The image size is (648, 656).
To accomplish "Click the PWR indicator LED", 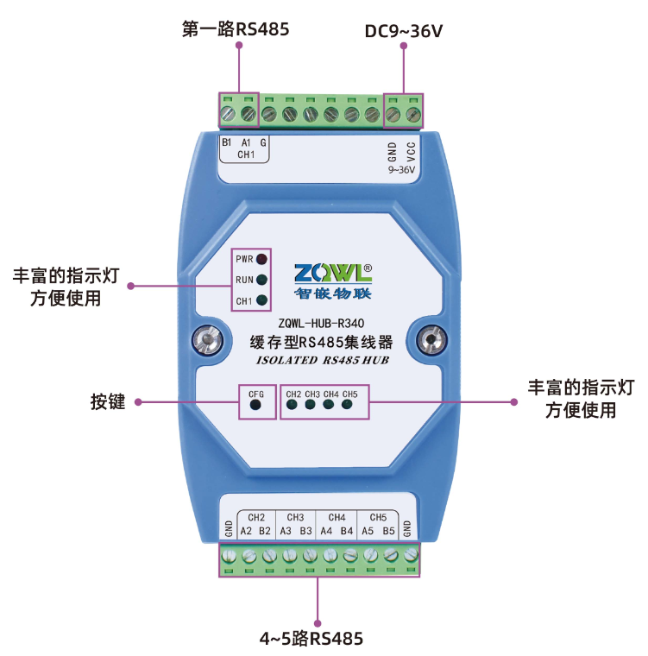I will [261, 258].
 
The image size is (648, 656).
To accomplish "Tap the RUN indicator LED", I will [261, 280].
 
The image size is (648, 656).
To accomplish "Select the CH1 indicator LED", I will [261, 301].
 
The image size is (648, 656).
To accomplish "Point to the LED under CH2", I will [293, 403].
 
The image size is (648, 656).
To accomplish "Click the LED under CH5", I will [348, 403].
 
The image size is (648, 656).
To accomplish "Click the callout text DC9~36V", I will [403, 32].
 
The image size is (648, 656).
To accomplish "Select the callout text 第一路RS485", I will [236, 29].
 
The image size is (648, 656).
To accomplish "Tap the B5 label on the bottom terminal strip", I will [388, 531].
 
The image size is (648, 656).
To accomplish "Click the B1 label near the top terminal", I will [226, 142].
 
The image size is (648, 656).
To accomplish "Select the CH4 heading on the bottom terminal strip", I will [337, 517].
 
